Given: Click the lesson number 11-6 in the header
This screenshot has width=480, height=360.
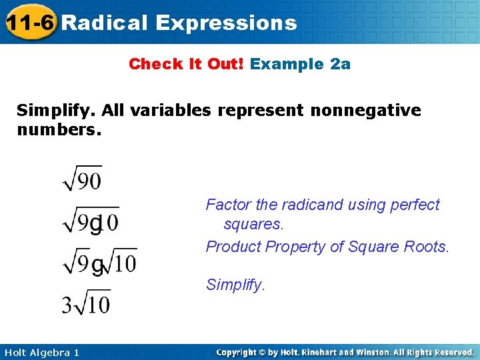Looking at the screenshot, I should pos(29,23).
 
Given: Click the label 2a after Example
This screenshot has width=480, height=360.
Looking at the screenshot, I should pos(340,64).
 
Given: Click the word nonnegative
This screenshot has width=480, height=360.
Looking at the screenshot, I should pos(365,110).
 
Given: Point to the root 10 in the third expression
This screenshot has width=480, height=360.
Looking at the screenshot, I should pos(121,261).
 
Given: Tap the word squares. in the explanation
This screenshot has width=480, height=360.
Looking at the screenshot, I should pos(254,224).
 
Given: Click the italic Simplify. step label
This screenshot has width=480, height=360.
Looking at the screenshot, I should pos(235,285).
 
